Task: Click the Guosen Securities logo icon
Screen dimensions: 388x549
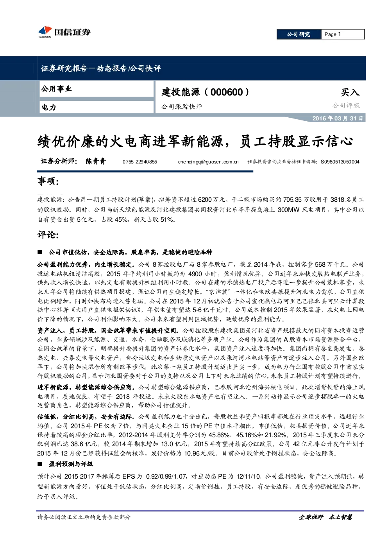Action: tap(45, 32)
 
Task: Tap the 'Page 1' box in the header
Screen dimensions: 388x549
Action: tap(343, 34)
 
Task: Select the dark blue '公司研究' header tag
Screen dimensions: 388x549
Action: tap(299, 34)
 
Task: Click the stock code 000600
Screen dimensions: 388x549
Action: tap(227, 92)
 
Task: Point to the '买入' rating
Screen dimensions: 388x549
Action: tap(350, 92)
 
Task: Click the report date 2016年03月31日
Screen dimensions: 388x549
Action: tap(337, 118)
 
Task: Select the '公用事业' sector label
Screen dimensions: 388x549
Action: tap(56, 89)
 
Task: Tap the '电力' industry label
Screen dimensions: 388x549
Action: tap(49, 107)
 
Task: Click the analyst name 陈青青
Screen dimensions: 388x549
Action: tap(95, 161)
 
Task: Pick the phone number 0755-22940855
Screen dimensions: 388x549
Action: tap(139, 162)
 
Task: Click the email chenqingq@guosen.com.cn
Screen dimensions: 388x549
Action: tap(208, 162)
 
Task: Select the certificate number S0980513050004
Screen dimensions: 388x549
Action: tap(340, 162)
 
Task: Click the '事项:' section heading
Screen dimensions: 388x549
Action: tap(48, 181)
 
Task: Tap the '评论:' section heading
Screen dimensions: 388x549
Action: tap(48, 235)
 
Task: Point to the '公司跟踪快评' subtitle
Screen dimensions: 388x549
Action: tap(182, 107)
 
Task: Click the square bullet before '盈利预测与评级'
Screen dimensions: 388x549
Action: tap(40, 464)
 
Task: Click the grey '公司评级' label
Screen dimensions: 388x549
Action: tap(346, 106)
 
